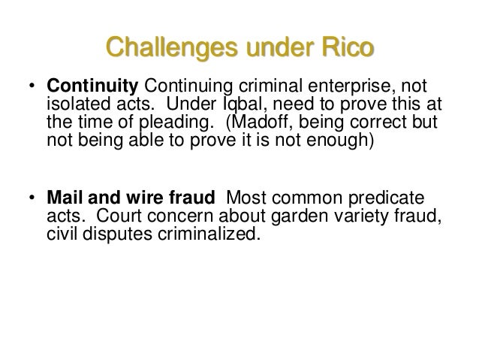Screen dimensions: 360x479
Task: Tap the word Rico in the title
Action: pyautogui.click(x=345, y=50)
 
